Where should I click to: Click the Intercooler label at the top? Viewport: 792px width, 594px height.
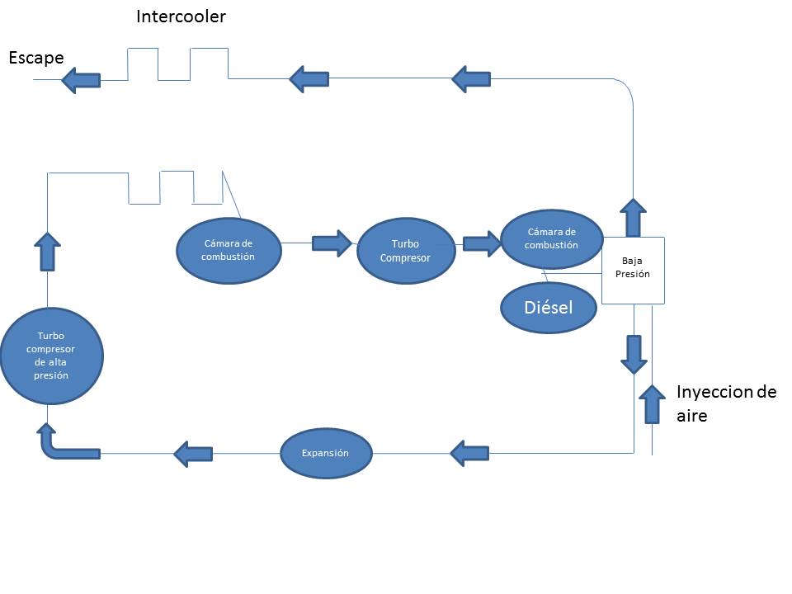[181, 16]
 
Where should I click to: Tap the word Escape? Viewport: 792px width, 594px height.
[36, 57]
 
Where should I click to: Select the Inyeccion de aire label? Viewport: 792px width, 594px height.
[726, 403]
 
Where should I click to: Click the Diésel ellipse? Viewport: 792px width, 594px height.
[549, 308]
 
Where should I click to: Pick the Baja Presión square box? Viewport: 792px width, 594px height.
[632, 268]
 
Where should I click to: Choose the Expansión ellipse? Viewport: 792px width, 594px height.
[326, 453]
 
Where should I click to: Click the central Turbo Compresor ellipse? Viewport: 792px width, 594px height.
[406, 251]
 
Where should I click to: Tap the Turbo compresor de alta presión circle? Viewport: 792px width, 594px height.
[51, 356]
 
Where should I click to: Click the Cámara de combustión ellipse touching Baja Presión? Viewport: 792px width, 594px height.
[551, 239]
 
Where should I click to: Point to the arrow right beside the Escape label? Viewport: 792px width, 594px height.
[81, 80]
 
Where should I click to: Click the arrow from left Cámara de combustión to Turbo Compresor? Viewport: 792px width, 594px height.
[332, 243]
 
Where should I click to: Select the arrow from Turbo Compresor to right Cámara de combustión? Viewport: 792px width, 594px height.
[482, 243]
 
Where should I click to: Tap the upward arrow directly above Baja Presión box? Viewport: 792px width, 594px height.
[633, 218]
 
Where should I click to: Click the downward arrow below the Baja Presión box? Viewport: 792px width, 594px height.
[634, 354]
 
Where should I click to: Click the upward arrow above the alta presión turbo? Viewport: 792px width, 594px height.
[47, 251]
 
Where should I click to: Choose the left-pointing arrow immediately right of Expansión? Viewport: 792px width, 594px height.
[469, 452]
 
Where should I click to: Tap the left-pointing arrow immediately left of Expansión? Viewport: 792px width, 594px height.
[193, 452]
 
